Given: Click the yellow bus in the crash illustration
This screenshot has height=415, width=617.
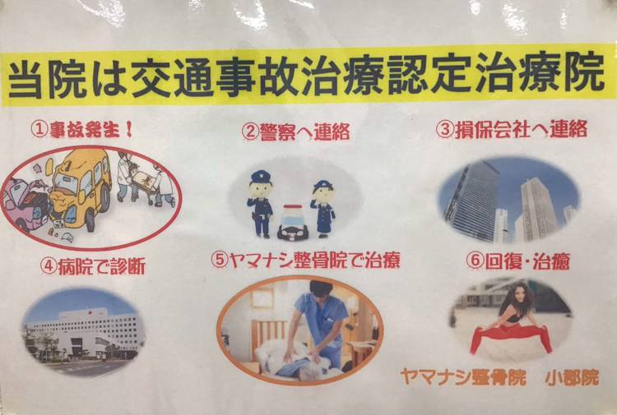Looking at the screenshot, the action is point(81,189).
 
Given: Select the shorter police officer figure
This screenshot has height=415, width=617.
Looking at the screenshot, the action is point(323,208).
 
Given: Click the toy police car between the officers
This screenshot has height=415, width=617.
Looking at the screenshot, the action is point(291,222).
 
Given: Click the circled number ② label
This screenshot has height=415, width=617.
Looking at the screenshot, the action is point(250,132).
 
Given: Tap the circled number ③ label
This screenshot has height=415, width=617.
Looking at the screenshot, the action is point(444,131).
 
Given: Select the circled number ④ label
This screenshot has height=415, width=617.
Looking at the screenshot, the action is point(49,266).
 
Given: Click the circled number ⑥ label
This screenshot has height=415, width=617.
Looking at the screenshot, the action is point(475,261).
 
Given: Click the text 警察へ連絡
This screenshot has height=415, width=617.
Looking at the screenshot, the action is point(304,132).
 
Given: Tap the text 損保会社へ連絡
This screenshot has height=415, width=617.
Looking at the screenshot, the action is point(521,130).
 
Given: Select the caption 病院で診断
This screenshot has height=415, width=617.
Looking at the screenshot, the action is point(101,266).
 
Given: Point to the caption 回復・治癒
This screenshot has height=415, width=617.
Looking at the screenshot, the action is point(527,261).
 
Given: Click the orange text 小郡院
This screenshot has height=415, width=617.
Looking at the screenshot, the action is point(572,378).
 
